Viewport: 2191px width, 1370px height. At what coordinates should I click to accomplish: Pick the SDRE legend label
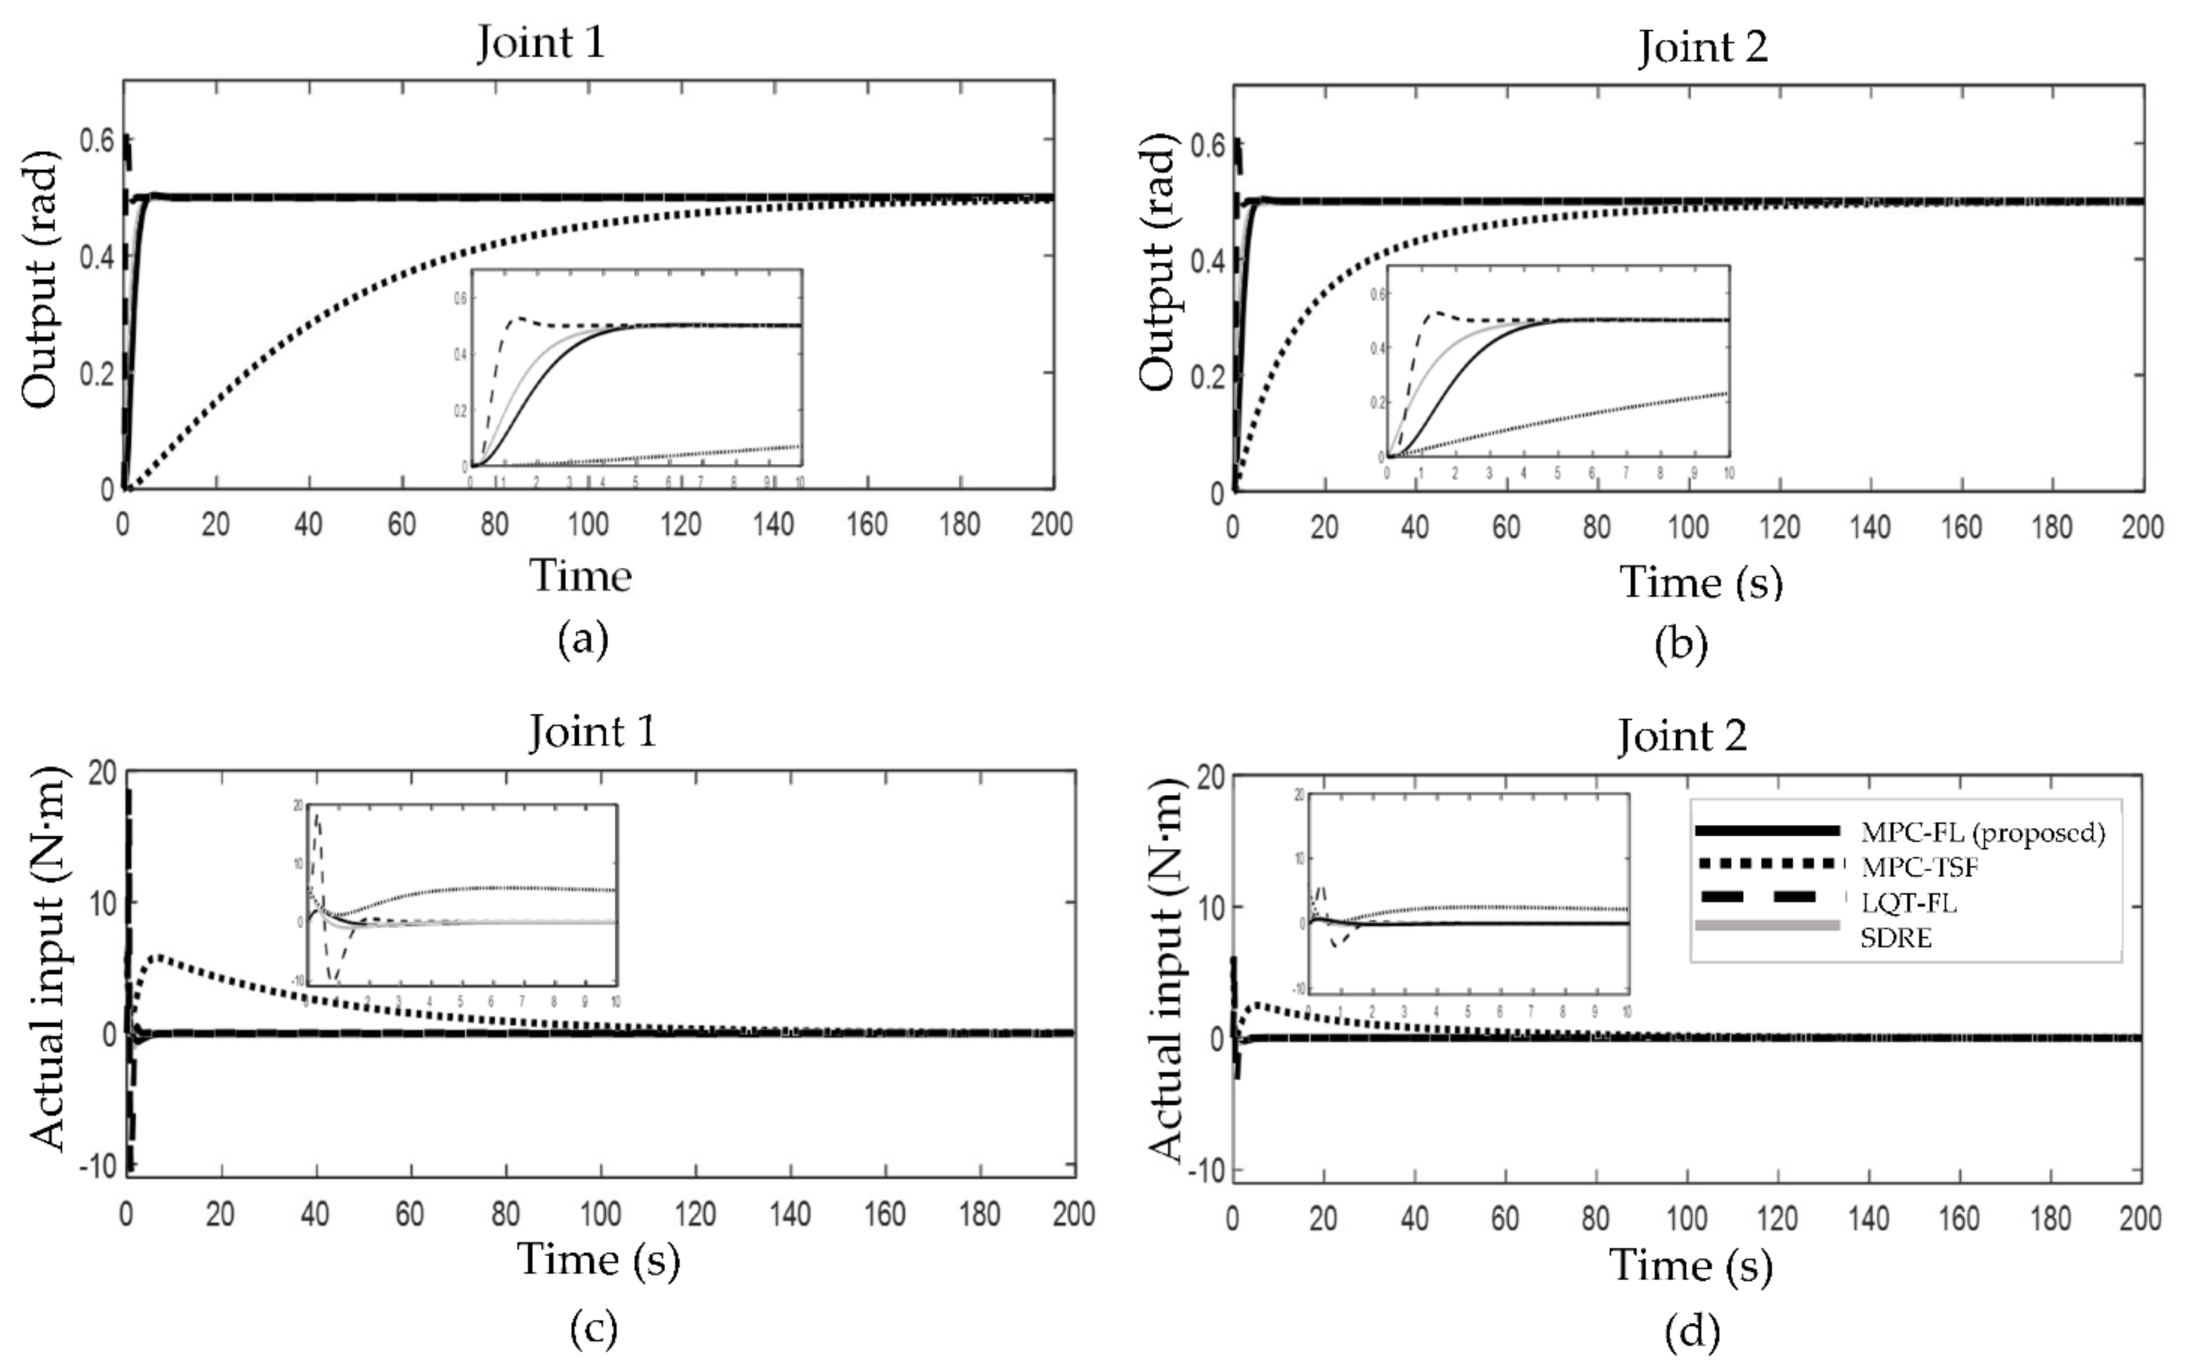coord(1896,938)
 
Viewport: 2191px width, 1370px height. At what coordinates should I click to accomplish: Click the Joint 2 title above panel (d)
coord(1682,736)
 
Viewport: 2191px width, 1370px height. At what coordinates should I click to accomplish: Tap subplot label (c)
coord(593,1328)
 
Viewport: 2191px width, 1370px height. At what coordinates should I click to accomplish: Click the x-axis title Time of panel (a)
coord(580,575)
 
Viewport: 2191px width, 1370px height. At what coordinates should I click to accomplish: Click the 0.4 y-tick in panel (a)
coord(96,257)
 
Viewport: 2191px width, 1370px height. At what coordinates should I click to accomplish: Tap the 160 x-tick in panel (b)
coord(1961,528)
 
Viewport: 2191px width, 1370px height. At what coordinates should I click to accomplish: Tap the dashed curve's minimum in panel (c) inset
coord(334,978)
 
